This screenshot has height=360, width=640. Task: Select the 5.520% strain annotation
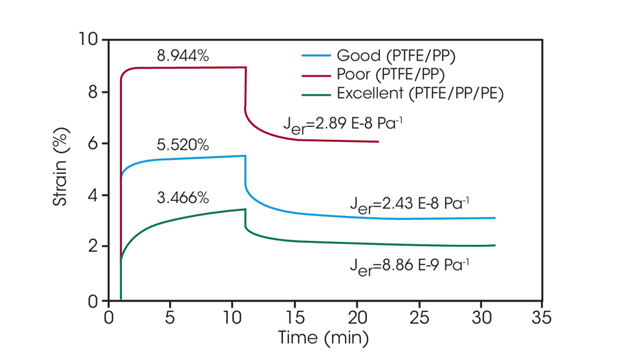click(183, 146)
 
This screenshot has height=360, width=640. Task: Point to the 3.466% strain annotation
click(183, 198)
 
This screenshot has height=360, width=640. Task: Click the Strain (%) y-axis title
click(60, 169)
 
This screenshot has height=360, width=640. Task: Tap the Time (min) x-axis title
click(323, 338)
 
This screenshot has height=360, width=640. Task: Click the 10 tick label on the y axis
click(89, 39)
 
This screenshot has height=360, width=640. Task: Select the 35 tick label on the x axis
click(542, 317)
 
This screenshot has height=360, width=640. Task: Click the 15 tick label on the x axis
click(294, 317)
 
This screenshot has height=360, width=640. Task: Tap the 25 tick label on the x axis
click(418, 317)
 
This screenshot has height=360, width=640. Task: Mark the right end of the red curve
click(378, 141)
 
